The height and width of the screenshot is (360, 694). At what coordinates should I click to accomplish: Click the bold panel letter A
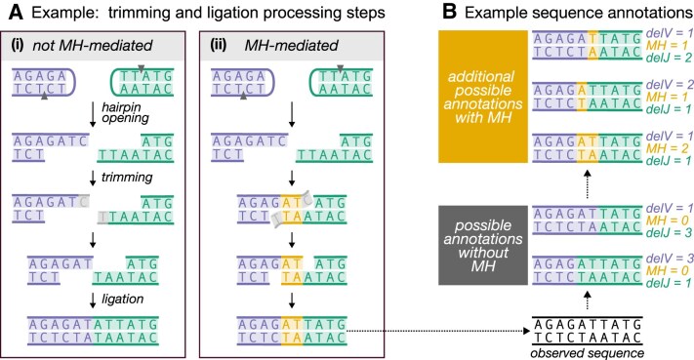pyautogui.click(x=16, y=12)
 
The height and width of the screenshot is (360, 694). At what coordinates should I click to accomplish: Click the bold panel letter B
pyautogui.click(x=449, y=12)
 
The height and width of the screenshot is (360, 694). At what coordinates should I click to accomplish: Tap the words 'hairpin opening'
pyautogui.click(x=125, y=112)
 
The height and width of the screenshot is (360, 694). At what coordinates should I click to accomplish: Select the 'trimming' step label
pyautogui.click(x=127, y=178)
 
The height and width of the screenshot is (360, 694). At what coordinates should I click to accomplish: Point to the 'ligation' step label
pyautogui.click(x=123, y=300)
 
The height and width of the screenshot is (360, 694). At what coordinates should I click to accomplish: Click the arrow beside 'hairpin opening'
pyautogui.click(x=93, y=115)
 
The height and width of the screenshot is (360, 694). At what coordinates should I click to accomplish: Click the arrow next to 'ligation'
pyautogui.click(x=93, y=300)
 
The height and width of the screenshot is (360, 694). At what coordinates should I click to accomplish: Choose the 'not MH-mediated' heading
pyautogui.click(x=93, y=45)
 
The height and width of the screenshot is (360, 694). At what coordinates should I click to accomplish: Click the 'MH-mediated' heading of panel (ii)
pyautogui.click(x=292, y=45)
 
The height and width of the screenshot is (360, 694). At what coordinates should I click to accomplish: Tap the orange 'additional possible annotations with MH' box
pyautogui.click(x=483, y=97)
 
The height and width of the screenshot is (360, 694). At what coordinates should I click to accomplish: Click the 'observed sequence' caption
pyautogui.click(x=587, y=353)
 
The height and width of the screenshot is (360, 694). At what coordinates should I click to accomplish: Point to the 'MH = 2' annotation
pyautogui.click(x=664, y=148)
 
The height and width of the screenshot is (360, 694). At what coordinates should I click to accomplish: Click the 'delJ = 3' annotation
pyautogui.click(x=669, y=232)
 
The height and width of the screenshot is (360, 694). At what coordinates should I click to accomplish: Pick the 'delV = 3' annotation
pyautogui.click(x=670, y=258)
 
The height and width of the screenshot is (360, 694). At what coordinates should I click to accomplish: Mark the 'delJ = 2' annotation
pyautogui.click(x=669, y=58)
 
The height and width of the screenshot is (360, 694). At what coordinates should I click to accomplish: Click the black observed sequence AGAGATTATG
pyautogui.click(x=588, y=325)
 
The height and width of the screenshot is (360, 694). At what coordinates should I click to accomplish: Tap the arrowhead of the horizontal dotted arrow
pyautogui.click(x=527, y=331)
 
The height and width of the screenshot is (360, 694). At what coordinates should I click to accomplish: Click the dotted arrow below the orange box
pyautogui.click(x=588, y=184)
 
